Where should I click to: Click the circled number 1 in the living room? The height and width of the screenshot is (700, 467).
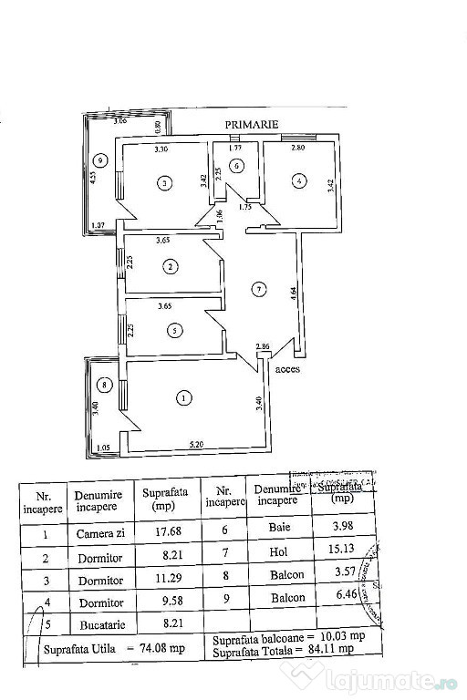click(185, 397)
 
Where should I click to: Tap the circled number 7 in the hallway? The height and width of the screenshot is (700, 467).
click(260, 290)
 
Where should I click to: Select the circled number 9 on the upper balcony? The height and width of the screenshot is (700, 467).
click(101, 161)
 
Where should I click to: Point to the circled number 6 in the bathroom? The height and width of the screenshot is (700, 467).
click(235, 166)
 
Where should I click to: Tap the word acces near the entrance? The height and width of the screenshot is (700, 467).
click(286, 369)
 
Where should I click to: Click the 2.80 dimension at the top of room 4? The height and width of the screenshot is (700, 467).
click(297, 147)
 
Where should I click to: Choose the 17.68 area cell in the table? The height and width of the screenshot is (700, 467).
click(163, 532)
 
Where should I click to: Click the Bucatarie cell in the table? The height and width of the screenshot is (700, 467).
click(100, 625)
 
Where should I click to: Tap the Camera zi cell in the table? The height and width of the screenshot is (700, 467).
click(101, 533)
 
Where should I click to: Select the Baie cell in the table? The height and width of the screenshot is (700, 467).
click(280, 526)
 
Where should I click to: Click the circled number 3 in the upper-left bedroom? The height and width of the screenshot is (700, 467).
click(163, 183)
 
